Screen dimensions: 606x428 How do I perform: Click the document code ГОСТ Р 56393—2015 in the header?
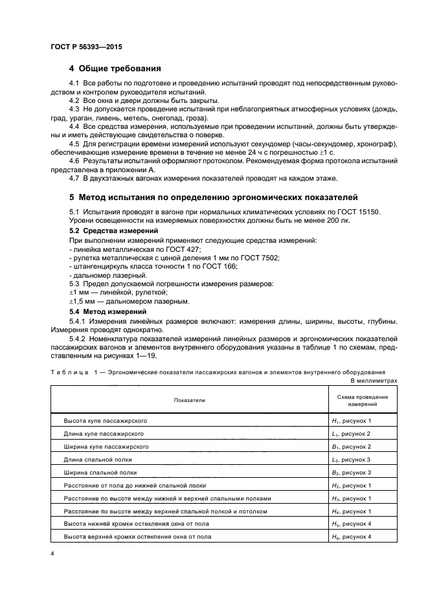coord(85,48)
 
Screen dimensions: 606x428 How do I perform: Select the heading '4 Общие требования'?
coord(115,69)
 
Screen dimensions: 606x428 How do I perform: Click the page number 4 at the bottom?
coord(52,554)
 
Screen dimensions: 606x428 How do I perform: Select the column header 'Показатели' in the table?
coord(189,400)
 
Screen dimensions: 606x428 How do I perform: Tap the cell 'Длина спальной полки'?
coord(97,460)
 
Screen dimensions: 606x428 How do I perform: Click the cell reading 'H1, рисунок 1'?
coord(350,421)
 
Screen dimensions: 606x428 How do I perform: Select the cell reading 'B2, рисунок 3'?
coord(350,473)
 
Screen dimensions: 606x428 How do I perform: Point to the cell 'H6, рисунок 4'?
coord(350,537)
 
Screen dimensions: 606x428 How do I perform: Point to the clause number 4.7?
coord(74,178)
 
